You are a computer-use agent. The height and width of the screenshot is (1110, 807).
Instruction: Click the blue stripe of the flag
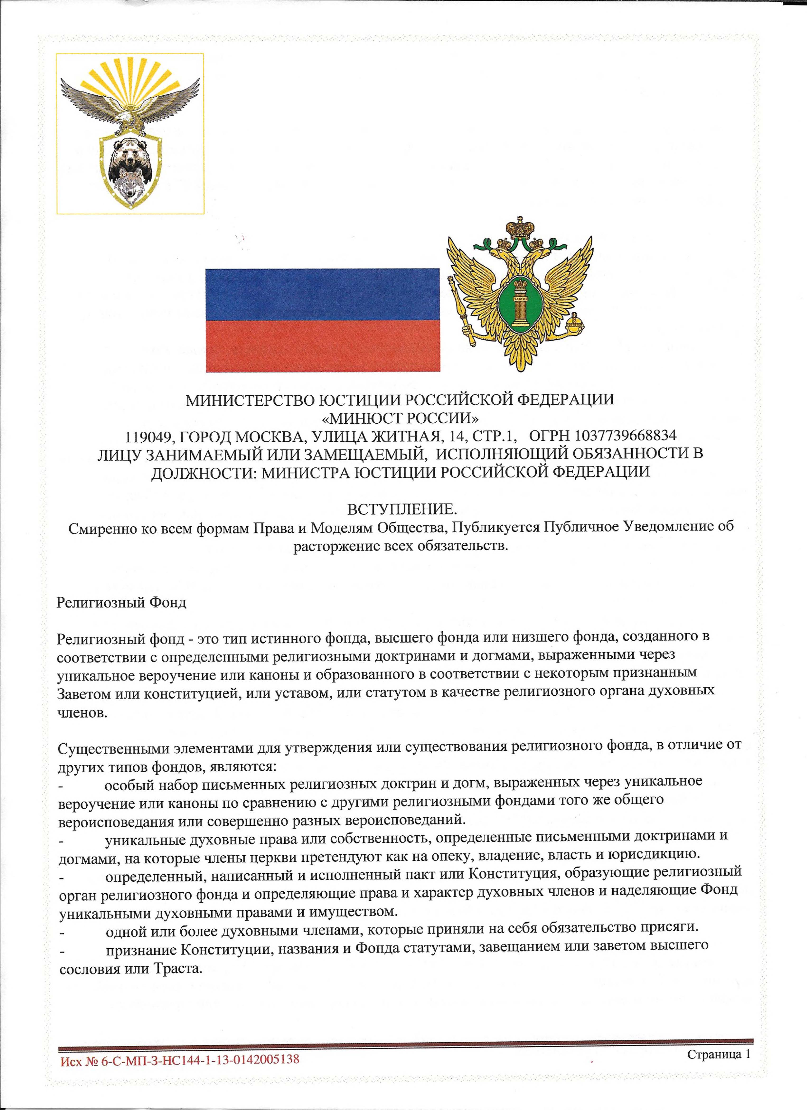coord(323,295)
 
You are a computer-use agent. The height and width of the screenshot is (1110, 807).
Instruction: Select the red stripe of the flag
coord(323,347)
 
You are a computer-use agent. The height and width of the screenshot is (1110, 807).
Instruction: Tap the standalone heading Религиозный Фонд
coord(121,602)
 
